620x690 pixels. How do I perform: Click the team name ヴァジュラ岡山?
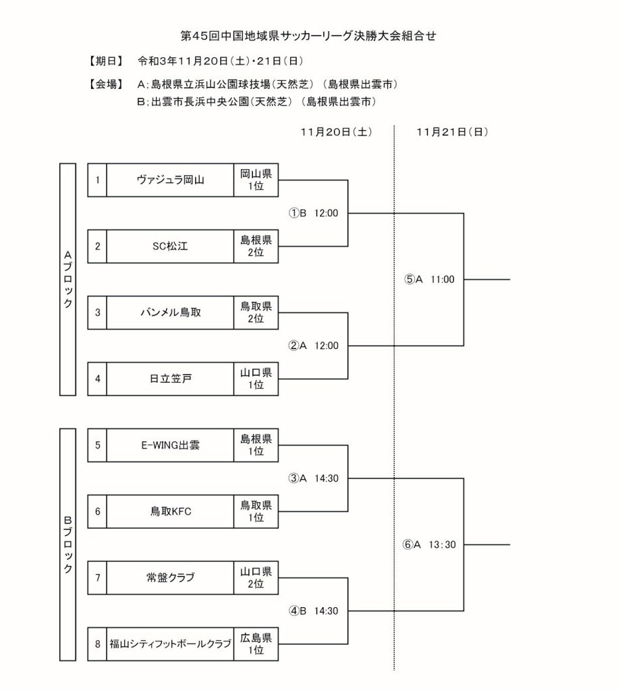(x=170, y=180)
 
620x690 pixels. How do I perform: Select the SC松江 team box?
(x=170, y=246)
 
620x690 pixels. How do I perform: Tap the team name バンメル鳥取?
(x=170, y=312)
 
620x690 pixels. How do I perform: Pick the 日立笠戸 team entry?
(x=170, y=378)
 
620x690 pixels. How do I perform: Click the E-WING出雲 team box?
(x=170, y=445)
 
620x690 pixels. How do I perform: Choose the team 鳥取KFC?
(x=170, y=511)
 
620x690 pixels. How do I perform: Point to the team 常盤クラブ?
(x=170, y=577)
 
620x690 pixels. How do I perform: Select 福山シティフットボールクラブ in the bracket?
(x=170, y=644)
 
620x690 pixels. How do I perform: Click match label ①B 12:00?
(x=314, y=213)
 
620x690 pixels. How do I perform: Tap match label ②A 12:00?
(x=314, y=345)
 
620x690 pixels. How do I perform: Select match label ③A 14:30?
(x=314, y=478)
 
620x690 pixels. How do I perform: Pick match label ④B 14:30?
(x=314, y=610)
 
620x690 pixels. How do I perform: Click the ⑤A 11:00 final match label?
(x=430, y=279)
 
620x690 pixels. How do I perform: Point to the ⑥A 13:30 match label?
(x=430, y=544)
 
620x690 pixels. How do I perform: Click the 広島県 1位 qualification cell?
(x=256, y=644)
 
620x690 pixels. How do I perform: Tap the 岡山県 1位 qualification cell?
(x=256, y=180)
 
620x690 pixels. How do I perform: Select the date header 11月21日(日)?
(x=452, y=132)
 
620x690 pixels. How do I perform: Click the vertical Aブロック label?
(x=67, y=280)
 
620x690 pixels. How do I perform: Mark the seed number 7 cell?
(x=98, y=577)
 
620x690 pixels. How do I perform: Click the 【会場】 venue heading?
(x=105, y=84)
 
